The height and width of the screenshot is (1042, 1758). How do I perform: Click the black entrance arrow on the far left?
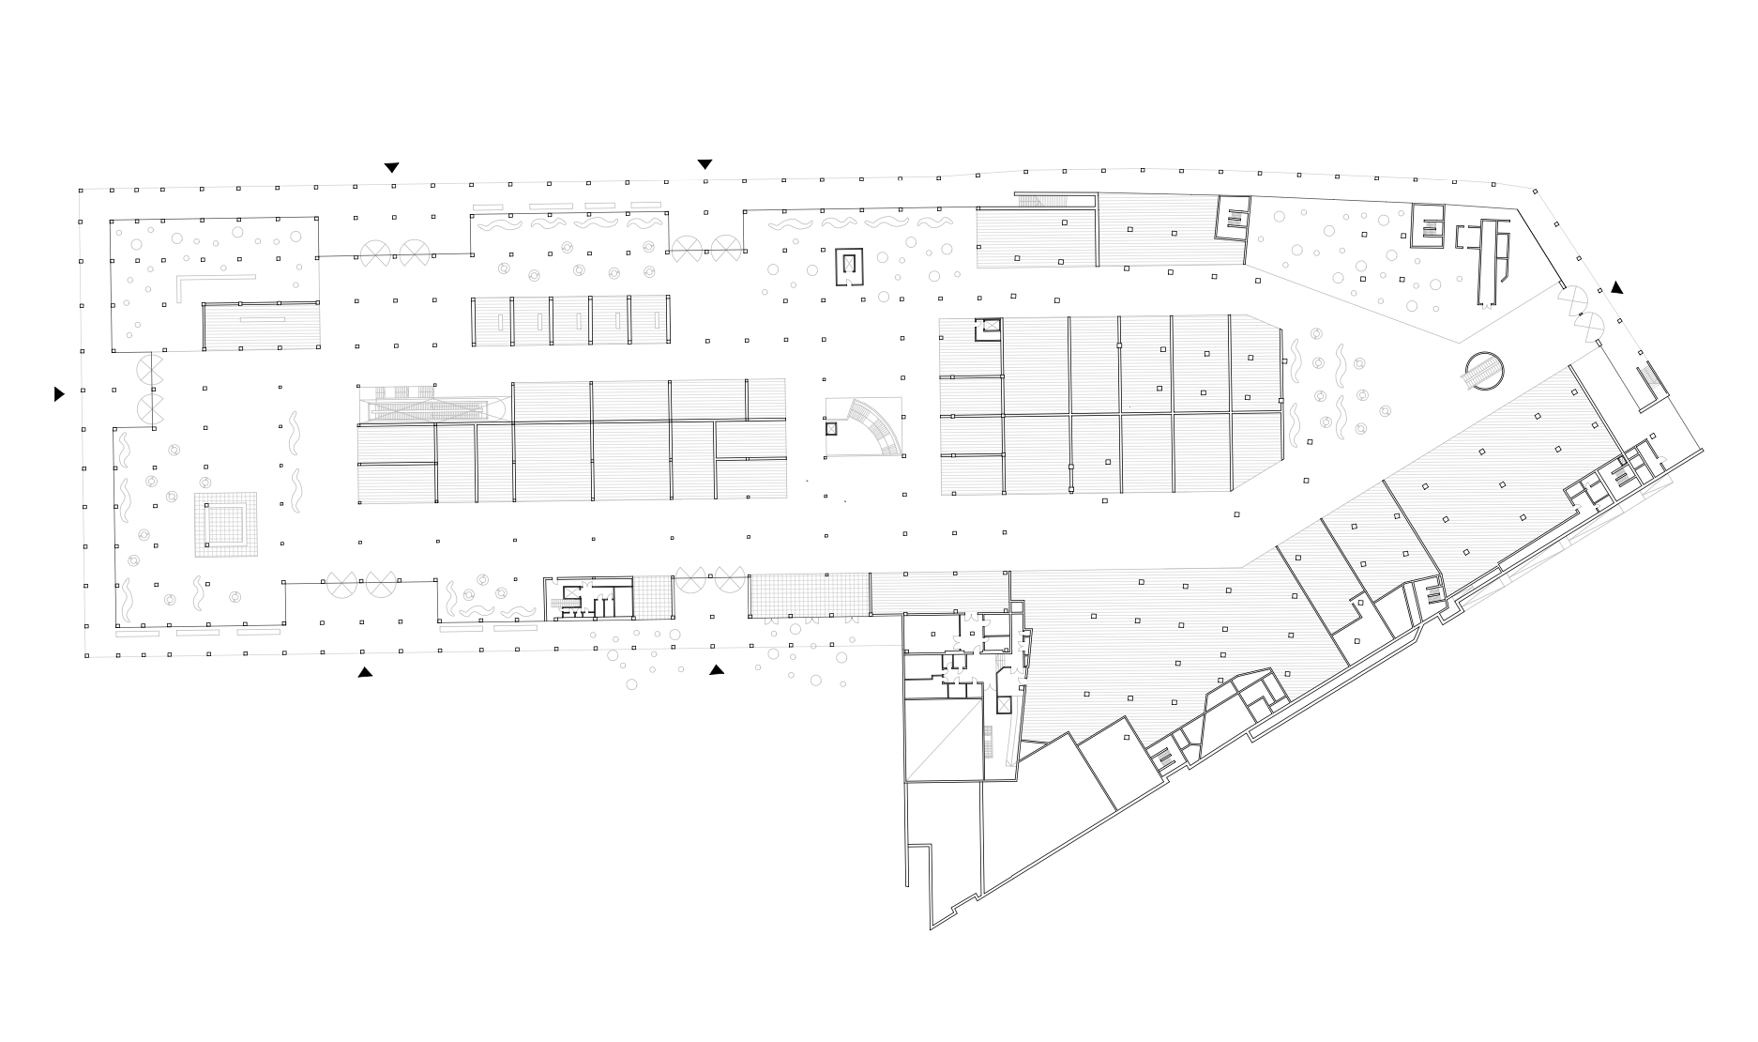pos(59,394)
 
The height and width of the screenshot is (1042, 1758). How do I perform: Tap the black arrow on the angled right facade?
pos(1616,288)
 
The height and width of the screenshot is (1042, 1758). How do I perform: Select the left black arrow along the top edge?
pos(392,168)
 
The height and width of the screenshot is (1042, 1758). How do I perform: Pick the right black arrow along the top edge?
pos(705,164)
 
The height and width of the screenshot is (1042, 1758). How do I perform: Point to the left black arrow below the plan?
pos(365,672)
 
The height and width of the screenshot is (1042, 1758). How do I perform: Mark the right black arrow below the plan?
pos(717,669)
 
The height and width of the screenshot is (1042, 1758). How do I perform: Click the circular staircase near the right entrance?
pos(1483,372)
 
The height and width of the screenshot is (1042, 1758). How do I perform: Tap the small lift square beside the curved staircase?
pos(830,429)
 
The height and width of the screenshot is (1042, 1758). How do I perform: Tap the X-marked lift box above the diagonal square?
pos(1004,704)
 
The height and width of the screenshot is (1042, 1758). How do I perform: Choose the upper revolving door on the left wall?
pos(150,367)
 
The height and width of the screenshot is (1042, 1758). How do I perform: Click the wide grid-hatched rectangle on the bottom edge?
pos(809,595)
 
